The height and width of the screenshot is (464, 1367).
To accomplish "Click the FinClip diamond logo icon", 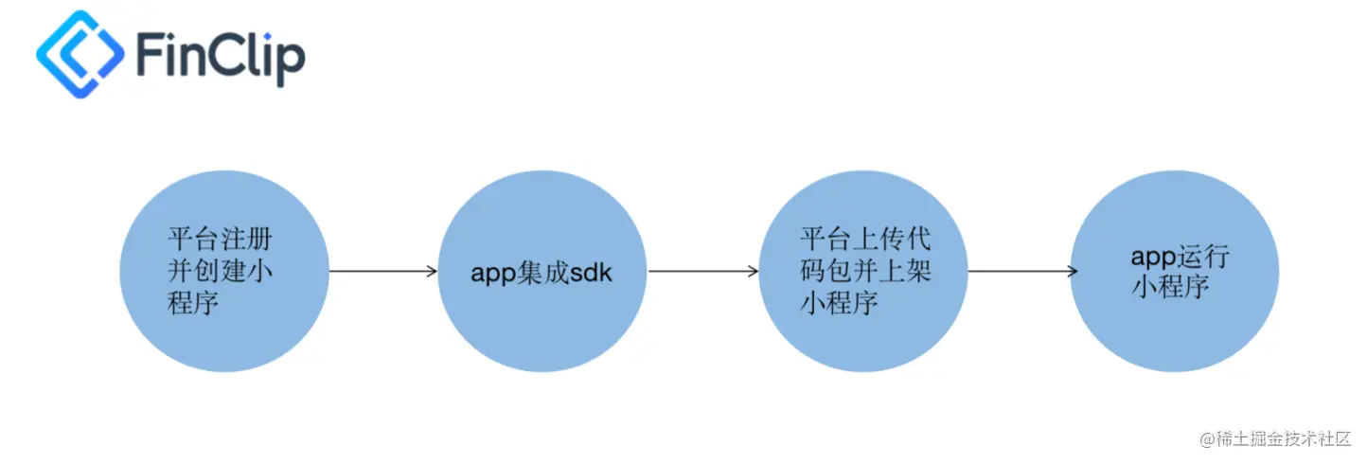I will pos(80,54).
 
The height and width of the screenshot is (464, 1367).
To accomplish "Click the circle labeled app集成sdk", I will pos(543,272).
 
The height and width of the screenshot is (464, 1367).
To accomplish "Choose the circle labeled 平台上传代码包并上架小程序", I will pos(862,272).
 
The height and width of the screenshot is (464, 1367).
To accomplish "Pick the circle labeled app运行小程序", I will pos(1175,272).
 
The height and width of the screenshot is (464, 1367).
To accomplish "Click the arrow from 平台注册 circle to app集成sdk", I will pos(382,272).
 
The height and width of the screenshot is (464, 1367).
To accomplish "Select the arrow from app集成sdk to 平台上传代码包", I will pos(703,272).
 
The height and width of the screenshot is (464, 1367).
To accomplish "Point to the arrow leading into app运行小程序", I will pos(1022,272).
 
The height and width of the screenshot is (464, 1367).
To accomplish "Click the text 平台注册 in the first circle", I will pos(220,238).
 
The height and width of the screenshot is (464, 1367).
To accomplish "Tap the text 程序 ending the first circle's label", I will pos(193,306).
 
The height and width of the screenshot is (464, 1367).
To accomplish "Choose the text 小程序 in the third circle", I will pos(838,303).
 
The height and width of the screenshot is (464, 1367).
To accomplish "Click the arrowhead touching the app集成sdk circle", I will pos(432,272).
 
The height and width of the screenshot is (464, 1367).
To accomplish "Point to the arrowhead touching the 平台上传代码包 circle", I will pos(753,272).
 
